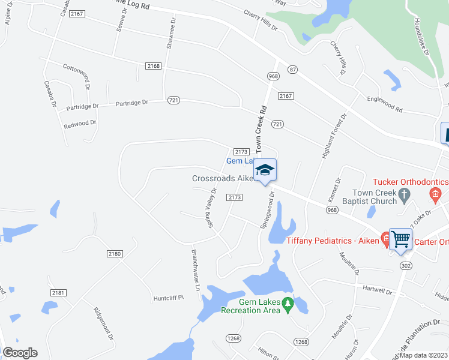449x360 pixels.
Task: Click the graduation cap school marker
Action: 265,170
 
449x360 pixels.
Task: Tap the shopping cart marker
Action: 400,239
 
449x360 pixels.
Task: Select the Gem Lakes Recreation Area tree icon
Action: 288,305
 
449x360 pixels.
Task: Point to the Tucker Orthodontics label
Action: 411,182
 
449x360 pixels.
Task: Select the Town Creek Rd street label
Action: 261,129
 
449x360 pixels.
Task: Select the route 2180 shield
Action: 114,254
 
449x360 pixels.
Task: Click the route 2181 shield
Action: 58,293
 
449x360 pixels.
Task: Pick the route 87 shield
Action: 293,70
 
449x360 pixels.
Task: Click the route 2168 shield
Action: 153,66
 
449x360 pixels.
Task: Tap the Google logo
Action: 20,353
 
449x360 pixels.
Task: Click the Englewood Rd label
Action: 385,103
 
